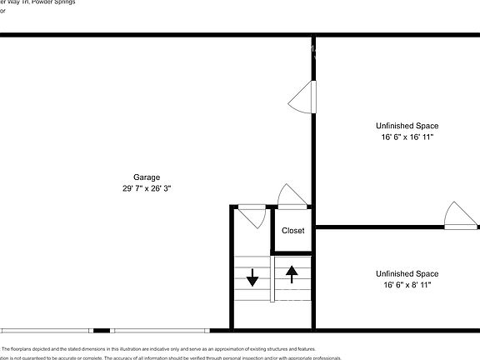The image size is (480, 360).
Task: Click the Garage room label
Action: pos(147,177)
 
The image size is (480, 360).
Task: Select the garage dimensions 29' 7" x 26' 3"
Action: pos(147,188)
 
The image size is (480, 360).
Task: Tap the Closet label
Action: pos(292,231)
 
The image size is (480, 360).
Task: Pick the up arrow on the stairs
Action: pos(292,272)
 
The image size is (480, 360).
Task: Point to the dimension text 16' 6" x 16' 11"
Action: pos(406,137)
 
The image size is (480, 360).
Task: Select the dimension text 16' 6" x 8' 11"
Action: pos(406,285)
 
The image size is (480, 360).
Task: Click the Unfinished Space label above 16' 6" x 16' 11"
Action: pos(406,126)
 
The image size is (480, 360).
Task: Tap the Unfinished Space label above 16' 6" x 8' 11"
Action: pos(406,273)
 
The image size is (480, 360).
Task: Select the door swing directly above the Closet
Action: pos(291,196)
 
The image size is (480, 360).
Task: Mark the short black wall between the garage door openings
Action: pos(102,330)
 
